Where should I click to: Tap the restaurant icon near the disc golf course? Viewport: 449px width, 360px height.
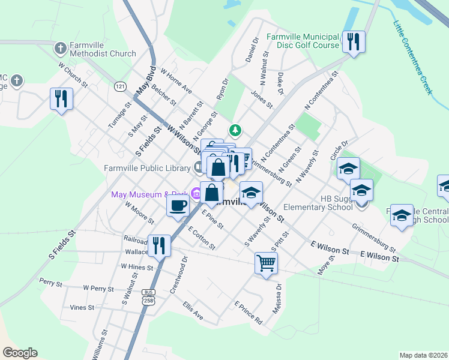tap(354, 42)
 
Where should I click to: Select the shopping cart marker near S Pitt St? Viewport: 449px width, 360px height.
tap(266, 262)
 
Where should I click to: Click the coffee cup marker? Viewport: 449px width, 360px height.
tap(178, 206)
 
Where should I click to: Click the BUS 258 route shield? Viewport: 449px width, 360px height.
tap(148, 296)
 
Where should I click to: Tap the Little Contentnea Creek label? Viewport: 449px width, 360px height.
tap(412, 57)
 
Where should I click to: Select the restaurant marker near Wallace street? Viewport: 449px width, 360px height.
tap(160, 245)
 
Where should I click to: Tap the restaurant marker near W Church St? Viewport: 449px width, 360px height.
tap(61, 98)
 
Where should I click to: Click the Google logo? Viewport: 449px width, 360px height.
tap(20, 353)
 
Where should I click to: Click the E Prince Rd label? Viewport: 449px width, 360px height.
tap(249, 313)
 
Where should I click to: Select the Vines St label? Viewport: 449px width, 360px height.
tap(82, 307)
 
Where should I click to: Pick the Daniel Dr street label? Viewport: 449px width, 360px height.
tap(252, 50)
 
